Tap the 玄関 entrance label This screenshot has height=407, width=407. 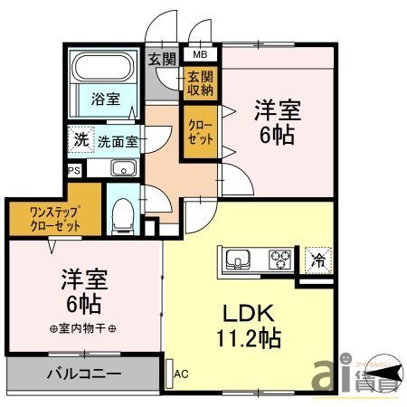(x=163, y=61)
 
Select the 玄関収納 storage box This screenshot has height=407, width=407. (x=199, y=82)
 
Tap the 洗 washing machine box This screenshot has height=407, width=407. (x=80, y=140)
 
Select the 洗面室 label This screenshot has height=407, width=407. (x=118, y=141)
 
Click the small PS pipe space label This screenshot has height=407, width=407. (x=72, y=169)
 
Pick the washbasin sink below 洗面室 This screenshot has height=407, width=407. (x=121, y=168)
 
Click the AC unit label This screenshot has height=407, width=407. (x=180, y=373)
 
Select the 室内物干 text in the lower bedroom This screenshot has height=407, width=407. (x=87, y=327)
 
